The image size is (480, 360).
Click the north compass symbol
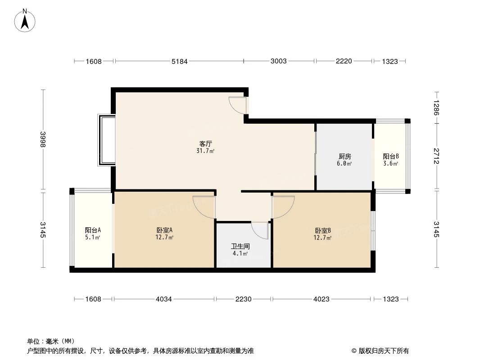tap(26, 20)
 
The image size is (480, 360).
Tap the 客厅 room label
tap(205, 144)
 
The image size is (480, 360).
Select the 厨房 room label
tap(345, 157)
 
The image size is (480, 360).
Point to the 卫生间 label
tap(240, 247)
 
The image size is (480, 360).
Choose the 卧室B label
tap(323, 230)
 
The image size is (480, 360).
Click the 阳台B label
tap(391, 157)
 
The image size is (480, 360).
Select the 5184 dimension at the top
tap(179, 61)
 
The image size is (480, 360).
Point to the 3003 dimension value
tap(279, 61)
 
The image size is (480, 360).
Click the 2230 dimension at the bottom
tap(244, 299)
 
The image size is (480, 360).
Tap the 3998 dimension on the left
tap(43, 140)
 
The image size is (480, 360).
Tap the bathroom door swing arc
tap(260, 230)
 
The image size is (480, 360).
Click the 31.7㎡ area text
tap(205, 151)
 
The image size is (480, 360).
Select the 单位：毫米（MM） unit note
tap(50, 341)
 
